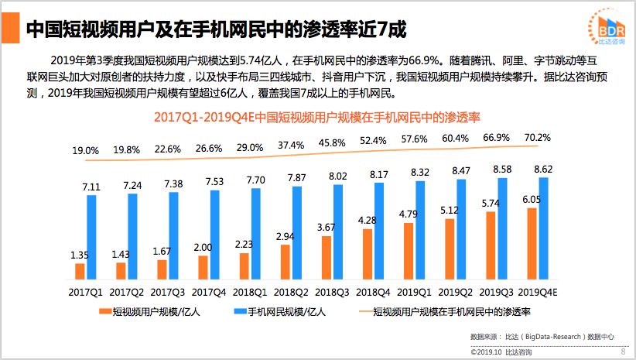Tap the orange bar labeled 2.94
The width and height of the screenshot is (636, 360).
pyautogui.click(x=285, y=261)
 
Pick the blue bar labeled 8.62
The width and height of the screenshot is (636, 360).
pyautogui.click(x=544, y=228)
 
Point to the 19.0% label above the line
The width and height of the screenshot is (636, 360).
pyautogui.click(x=85, y=150)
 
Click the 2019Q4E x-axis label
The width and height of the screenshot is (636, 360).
pyautogui.click(x=539, y=292)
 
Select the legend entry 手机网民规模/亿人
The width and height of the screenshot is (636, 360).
pyautogui.click(x=280, y=311)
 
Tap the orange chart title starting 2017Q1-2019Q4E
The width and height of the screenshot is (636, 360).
pyautogui.click(x=317, y=118)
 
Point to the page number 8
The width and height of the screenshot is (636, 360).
pyautogui.click(x=623, y=351)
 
